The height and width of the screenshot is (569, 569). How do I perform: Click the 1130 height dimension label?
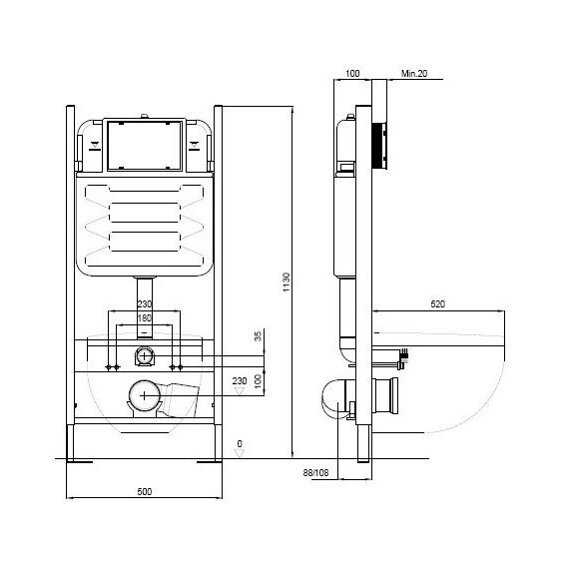(x=286, y=282)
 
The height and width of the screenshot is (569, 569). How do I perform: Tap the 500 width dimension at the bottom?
(x=145, y=492)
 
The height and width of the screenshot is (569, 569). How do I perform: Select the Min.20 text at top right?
(x=414, y=73)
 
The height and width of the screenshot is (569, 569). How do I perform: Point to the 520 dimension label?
(x=437, y=304)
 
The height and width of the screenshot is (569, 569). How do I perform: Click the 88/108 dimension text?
(x=315, y=473)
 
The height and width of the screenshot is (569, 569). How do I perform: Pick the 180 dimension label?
(x=144, y=318)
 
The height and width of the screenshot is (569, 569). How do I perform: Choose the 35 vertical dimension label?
(x=258, y=336)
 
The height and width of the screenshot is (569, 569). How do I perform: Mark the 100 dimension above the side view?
(x=352, y=73)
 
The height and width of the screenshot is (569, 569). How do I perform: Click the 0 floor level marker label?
(x=240, y=443)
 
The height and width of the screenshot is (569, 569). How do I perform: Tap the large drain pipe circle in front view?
(x=145, y=395)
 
